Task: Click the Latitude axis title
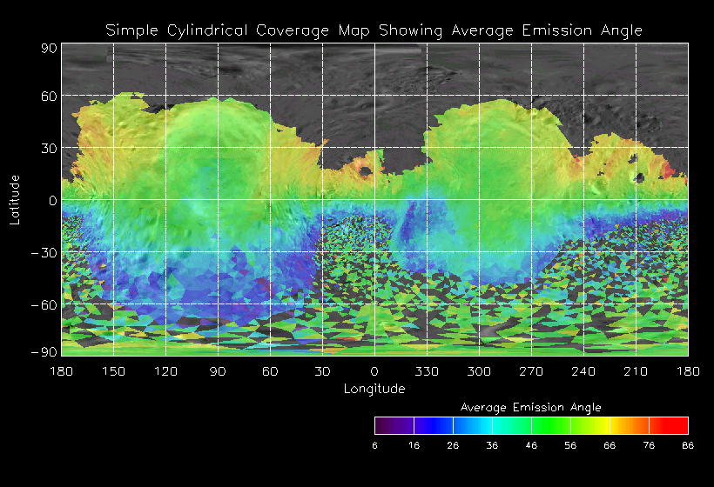pos(15,199)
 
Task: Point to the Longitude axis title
pos(374,389)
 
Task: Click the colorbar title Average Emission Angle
pos(530,407)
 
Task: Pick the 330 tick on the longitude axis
pos(427,371)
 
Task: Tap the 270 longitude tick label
pos(531,371)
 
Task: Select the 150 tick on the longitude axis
pos(113,371)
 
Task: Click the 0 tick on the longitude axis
pos(374,371)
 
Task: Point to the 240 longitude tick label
pos(583,371)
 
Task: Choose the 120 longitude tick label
pos(165,371)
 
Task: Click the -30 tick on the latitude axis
pos(45,252)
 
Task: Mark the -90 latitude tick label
pos(45,351)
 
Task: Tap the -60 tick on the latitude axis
pos(45,304)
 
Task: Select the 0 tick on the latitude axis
pos(53,200)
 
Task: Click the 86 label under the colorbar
pos(688,444)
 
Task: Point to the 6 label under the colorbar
pos(374,444)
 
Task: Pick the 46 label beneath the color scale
pos(531,444)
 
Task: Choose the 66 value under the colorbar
pos(610,444)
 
